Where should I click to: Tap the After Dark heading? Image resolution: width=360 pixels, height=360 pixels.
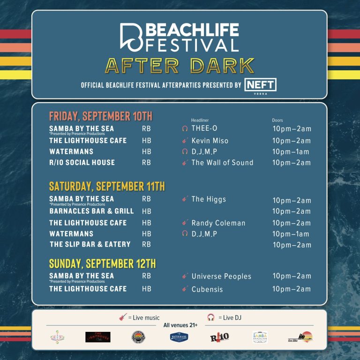[x=180, y=66]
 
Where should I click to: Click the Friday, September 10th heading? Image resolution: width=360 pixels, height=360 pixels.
[x=101, y=116]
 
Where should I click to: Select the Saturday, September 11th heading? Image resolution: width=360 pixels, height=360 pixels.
[x=107, y=187]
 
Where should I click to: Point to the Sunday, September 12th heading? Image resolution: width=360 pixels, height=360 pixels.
[x=102, y=263]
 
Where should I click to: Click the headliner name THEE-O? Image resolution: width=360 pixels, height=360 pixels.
[x=204, y=128]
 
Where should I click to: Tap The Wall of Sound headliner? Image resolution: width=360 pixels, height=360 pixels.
[x=222, y=163]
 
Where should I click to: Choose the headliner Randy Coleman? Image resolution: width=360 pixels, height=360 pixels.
[x=218, y=223]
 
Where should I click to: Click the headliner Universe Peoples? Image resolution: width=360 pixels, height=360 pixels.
[x=221, y=277]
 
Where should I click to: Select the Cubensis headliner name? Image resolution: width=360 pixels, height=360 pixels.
[x=207, y=289]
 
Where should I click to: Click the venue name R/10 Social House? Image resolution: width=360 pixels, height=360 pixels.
[x=82, y=163]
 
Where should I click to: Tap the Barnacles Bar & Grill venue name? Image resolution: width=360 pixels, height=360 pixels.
[x=91, y=211]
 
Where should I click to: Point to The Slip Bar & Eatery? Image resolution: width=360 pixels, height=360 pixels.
[x=90, y=245]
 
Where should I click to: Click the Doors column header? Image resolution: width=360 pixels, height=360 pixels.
[x=277, y=120]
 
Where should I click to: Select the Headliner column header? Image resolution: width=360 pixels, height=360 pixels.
[x=201, y=120]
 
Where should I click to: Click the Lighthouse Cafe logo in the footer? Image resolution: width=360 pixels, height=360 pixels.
[x=97, y=337]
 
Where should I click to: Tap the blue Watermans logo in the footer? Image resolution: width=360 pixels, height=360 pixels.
[x=179, y=337]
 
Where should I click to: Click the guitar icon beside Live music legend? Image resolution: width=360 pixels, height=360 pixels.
[x=123, y=317]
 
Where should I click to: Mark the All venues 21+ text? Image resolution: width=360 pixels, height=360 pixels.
[x=180, y=325]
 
